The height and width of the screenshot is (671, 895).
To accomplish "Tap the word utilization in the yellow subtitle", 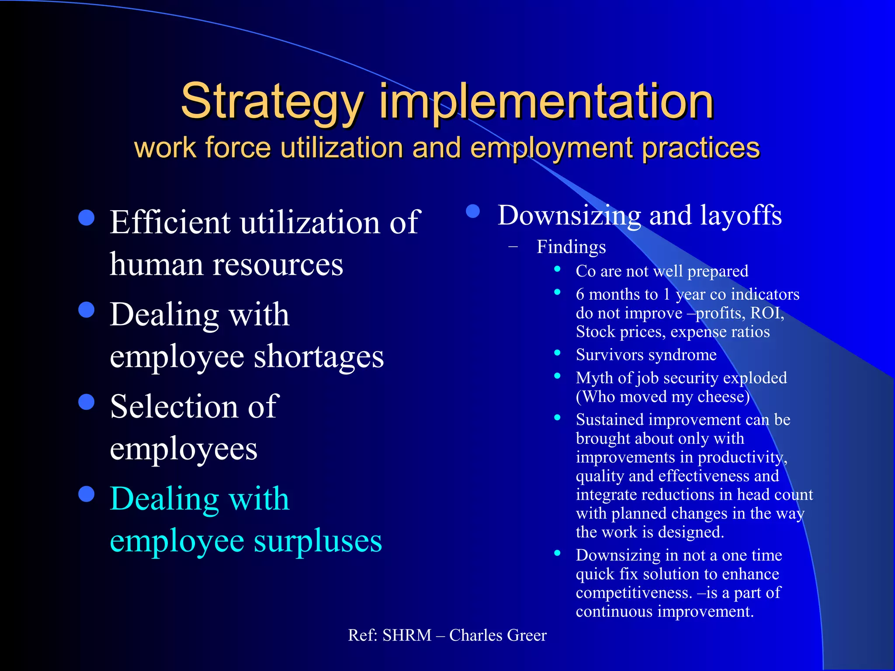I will click(341, 147).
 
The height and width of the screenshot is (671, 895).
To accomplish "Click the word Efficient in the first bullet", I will click(170, 222).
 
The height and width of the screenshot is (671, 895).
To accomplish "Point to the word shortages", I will click(319, 356).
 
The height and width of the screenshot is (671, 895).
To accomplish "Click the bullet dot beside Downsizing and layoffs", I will click(473, 211).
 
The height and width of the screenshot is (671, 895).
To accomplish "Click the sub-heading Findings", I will click(571, 247).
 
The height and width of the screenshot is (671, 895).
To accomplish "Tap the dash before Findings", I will click(513, 247).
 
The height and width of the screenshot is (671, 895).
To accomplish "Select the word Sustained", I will click(610, 420).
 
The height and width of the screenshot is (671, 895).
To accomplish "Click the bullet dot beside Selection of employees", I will click(87, 402).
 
